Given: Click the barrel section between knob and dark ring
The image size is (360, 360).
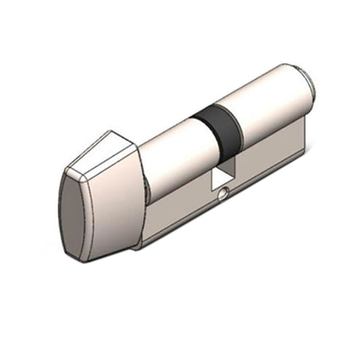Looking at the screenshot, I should coord(172,155).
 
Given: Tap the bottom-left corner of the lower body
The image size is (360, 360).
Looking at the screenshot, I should coord(138,247).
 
